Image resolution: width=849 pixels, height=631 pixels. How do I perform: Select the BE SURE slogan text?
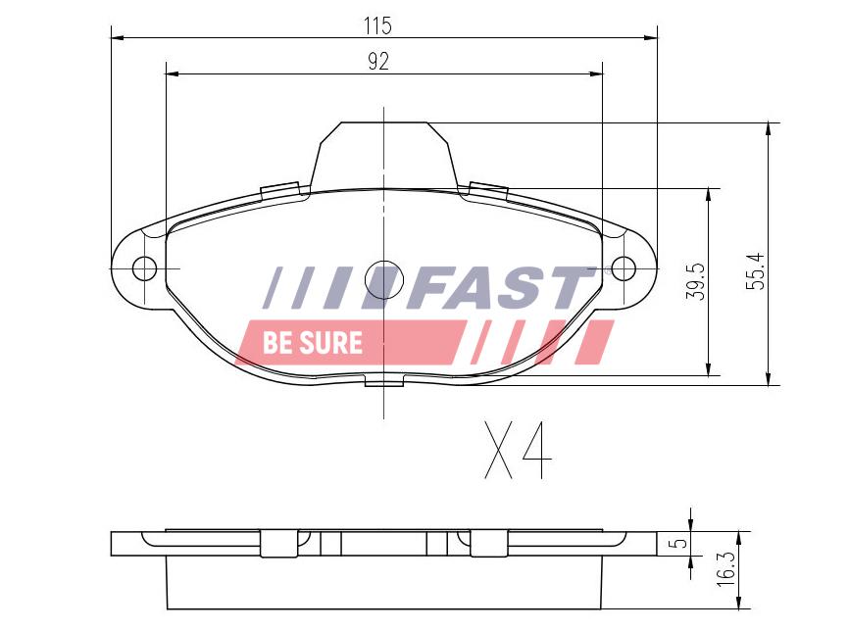(312, 343)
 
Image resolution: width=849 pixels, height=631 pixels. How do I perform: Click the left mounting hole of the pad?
(144, 267)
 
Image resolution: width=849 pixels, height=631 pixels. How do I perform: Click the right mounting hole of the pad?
(624, 267)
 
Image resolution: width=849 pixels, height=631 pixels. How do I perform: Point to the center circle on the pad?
(383, 280)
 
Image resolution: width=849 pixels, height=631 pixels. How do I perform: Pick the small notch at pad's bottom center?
(383, 380)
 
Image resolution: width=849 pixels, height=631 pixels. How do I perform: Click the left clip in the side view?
(279, 542)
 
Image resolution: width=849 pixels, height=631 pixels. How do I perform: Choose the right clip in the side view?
(487, 542)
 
